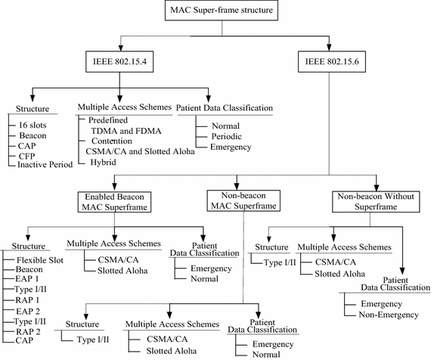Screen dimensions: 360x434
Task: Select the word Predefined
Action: pos(107,119)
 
